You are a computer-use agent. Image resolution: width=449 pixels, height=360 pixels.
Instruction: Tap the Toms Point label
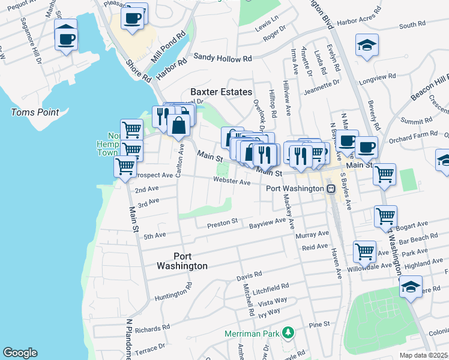point(35,112)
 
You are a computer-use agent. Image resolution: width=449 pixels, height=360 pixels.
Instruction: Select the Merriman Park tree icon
point(289,332)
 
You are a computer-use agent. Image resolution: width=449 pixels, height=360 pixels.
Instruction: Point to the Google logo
point(20,353)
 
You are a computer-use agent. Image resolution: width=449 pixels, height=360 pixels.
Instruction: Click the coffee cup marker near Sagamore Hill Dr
point(66,39)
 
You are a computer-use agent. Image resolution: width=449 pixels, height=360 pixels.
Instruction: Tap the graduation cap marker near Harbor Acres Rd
point(367,46)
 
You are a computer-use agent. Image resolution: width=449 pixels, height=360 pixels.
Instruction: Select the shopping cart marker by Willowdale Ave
point(364,252)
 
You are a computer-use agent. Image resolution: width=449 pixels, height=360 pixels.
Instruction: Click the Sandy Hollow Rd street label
point(222,59)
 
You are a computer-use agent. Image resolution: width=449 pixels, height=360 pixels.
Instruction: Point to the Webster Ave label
point(232,181)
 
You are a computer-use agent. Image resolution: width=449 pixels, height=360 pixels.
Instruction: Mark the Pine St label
point(316,325)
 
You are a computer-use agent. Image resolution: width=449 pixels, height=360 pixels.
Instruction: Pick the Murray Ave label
point(315,233)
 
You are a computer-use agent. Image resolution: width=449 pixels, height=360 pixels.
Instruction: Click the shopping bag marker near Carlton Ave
point(179,125)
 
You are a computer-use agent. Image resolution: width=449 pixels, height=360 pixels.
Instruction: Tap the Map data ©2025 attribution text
point(424,355)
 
